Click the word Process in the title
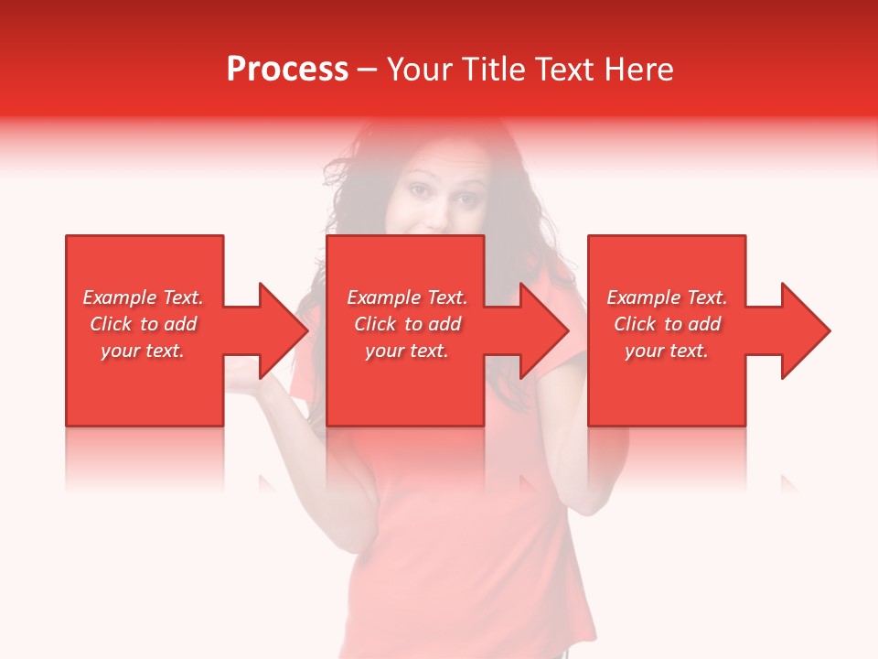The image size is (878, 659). pyautogui.click(x=286, y=70)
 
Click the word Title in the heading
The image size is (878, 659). pyautogui.click(x=490, y=70)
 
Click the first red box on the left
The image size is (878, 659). pyautogui.click(x=145, y=394)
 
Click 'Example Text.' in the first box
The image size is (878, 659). pyautogui.click(x=143, y=297)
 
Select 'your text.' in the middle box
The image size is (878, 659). pyautogui.click(x=406, y=351)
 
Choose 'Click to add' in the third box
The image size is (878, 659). pyautogui.click(x=667, y=324)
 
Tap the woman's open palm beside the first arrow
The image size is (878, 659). pyautogui.click(x=241, y=370)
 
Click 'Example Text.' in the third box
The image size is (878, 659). pyautogui.click(x=667, y=297)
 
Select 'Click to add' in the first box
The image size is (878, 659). pyautogui.click(x=143, y=324)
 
